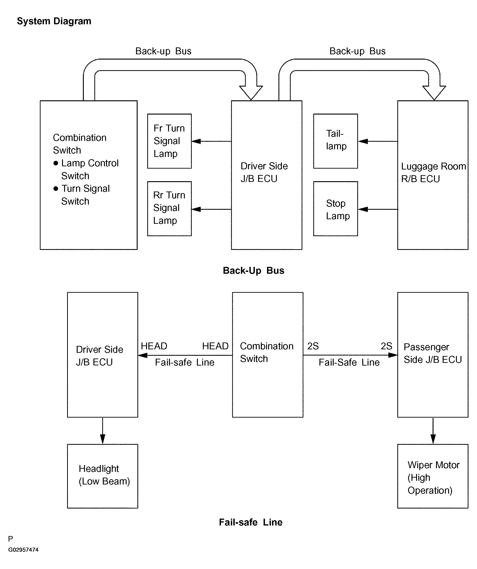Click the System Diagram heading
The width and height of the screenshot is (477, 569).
54,21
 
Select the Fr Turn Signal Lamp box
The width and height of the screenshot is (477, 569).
169,141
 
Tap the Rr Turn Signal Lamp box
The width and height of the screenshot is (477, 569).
169,209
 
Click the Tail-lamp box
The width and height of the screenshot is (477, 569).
336,141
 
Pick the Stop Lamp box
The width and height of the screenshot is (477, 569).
336,209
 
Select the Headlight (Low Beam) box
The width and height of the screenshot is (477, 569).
103,476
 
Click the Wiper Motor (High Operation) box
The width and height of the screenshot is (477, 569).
433,476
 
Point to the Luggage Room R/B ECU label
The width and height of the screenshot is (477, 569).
433,172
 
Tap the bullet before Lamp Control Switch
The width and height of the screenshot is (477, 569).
56,163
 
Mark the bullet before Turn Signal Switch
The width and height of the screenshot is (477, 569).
56,189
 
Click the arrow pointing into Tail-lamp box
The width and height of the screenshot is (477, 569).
378,141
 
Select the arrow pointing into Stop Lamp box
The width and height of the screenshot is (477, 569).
378,209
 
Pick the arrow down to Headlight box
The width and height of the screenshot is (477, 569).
103,431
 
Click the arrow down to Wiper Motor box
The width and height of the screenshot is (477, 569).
433,431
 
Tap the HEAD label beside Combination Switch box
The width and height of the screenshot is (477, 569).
215,346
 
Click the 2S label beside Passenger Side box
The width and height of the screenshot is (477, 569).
387,346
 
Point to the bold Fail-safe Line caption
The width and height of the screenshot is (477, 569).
251,522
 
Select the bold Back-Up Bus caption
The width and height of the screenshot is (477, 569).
253,270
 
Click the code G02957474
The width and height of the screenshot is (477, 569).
23,550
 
